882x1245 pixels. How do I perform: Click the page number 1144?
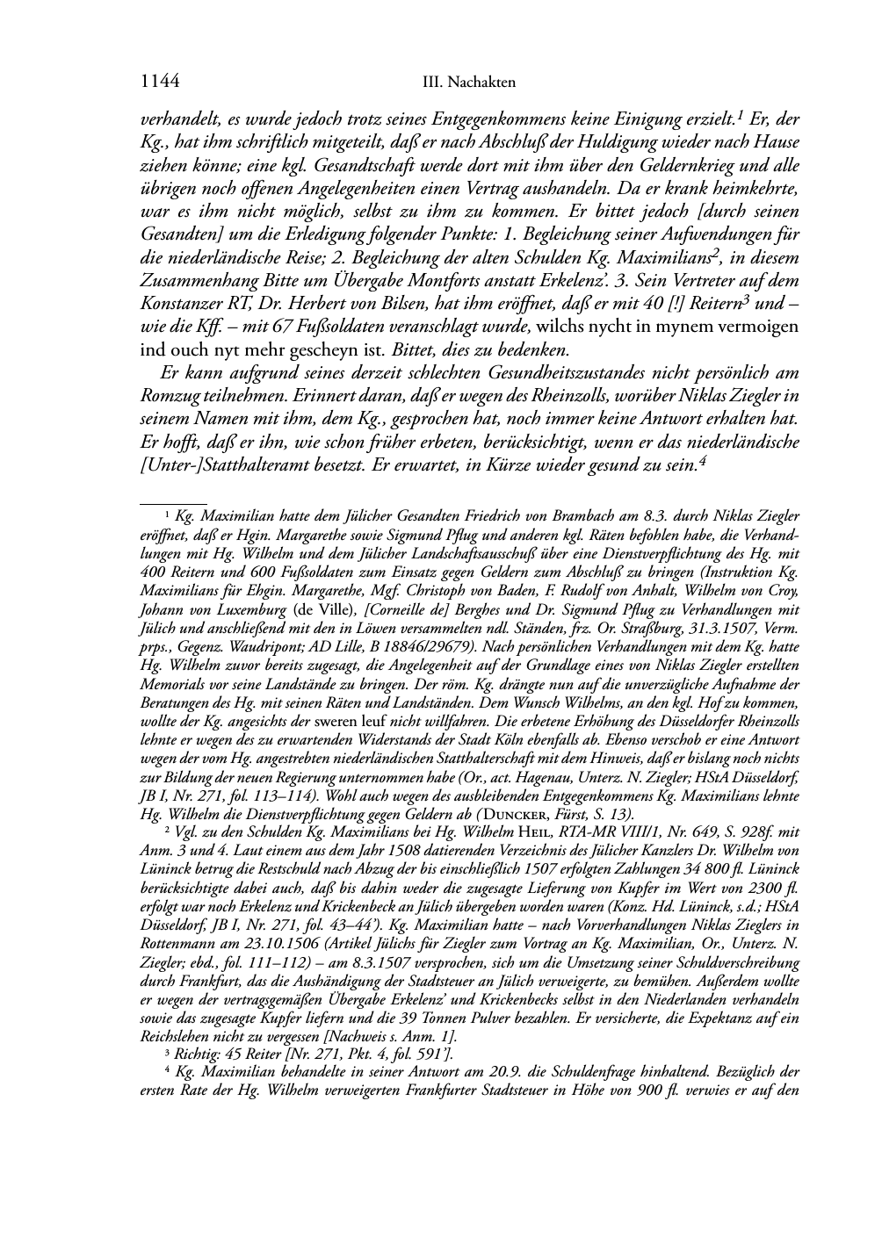point(160,82)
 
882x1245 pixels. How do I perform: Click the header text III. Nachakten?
point(468,83)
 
